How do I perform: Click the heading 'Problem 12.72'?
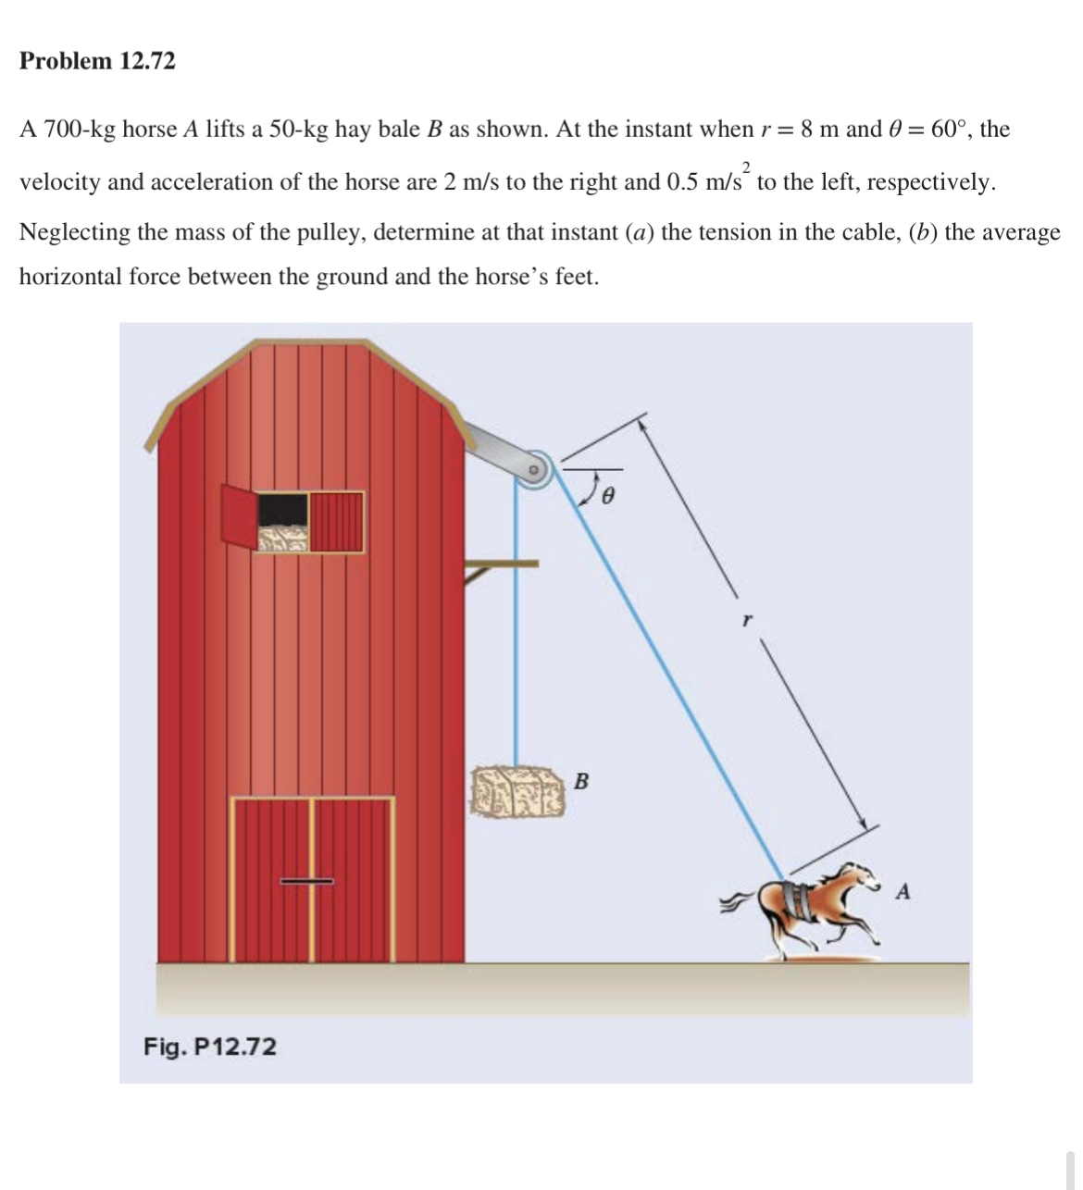97,61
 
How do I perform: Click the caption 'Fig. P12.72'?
209,1047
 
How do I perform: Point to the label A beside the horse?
903,892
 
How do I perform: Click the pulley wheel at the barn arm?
532,470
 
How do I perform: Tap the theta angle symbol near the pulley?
607,497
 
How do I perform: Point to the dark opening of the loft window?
282,507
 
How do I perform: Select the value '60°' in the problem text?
950,129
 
